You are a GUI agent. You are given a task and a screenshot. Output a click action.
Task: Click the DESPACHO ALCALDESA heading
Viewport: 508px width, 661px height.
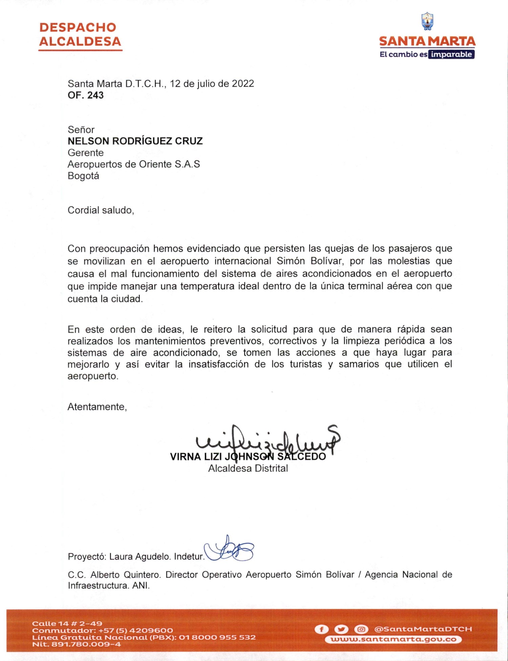point(80,35)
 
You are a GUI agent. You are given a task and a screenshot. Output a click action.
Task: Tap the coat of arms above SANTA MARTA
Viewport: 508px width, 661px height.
point(427,21)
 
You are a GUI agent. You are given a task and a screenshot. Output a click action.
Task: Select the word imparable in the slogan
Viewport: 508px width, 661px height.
point(451,55)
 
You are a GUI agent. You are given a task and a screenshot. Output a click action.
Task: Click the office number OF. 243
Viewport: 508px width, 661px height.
point(86,95)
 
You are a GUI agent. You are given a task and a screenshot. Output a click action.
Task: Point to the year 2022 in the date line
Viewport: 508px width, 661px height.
point(243,84)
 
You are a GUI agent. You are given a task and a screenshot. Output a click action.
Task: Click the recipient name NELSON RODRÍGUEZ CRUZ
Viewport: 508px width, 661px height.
point(135,141)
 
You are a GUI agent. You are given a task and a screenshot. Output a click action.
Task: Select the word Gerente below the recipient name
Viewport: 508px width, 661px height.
point(86,153)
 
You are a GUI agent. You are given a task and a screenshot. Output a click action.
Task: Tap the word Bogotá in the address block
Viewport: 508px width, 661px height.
point(83,176)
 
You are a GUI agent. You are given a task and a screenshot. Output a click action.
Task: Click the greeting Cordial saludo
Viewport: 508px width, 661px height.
point(101,210)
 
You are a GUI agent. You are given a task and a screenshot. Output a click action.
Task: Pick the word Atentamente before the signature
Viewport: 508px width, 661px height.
point(97,407)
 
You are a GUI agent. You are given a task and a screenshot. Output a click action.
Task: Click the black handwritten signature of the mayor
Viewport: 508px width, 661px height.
point(268,440)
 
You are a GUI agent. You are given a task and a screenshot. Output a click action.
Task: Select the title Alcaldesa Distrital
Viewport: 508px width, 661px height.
point(248,468)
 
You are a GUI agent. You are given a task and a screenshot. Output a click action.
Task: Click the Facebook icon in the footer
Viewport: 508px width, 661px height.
point(321,629)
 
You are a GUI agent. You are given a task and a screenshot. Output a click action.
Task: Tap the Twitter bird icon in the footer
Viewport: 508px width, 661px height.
point(341,629)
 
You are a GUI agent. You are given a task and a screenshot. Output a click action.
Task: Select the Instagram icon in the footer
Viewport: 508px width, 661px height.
point(361,629)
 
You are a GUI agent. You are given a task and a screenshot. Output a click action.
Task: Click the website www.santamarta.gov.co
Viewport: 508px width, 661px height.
point(393,640)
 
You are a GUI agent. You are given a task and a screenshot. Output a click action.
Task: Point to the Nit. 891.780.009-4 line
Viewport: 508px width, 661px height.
point(77,644)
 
